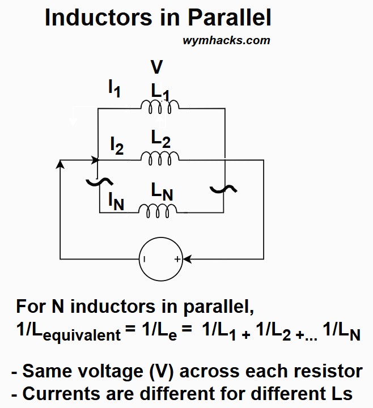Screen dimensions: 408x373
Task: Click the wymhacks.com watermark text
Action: click(x=226, y=40)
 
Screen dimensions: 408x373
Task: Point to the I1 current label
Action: click(x=115, y=88)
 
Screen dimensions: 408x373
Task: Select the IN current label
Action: click(x=116, y=201)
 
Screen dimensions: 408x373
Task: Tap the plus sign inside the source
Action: click(x=177, y=260)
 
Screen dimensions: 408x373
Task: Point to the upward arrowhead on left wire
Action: click(x=61, y=164)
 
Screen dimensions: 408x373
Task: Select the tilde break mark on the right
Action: click(x=219, y=188)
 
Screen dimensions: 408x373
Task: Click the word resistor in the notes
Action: click(x=324, y=372)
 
